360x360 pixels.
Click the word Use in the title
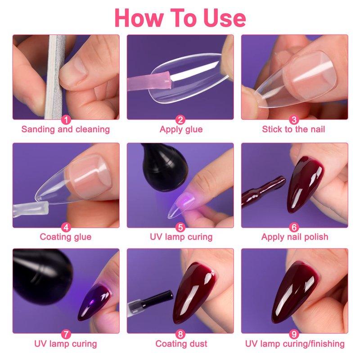click(224, 18)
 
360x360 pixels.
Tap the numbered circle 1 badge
click(66, 120)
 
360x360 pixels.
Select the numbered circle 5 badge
click(180, 227)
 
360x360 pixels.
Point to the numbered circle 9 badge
click(294, 334)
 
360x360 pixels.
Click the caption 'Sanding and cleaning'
click(66, 129)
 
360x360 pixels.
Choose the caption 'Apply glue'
click(181, 130)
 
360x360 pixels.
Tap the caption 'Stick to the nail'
click(294, 129)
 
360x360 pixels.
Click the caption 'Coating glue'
click(66, 237)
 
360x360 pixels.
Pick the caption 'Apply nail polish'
click(295, 237)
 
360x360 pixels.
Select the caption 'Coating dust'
click(181, 344)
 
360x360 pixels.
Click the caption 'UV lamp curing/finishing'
click(295, 344)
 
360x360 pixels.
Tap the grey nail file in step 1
click(54, 77)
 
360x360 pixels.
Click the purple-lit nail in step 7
click(95, 301)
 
